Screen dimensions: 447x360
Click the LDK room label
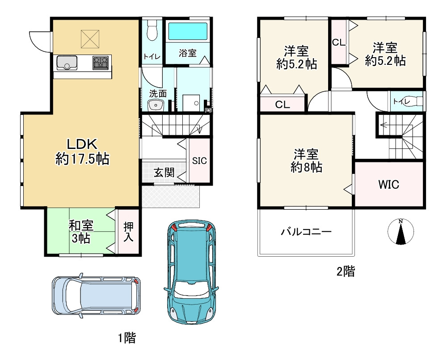82,152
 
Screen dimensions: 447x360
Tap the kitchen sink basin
67,63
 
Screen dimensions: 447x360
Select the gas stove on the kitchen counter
101,63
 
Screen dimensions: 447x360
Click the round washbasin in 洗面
156,105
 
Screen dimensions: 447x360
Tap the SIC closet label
199,161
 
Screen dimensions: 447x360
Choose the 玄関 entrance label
164,173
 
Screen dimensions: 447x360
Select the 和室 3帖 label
81,232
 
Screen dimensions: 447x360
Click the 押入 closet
129,232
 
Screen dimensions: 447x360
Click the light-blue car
96,296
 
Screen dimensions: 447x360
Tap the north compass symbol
401,231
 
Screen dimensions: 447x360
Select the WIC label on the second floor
388,184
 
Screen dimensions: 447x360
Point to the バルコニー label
307,231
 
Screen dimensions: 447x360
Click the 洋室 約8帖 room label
307,161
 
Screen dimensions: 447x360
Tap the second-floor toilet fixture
419,101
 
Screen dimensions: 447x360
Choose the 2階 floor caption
346,271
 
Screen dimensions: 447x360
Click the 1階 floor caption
127,339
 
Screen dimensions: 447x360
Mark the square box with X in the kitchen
90,39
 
